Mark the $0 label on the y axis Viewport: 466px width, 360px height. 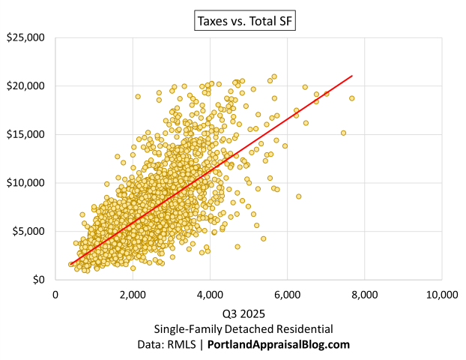(x=38, y=280)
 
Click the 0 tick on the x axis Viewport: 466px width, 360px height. (x=55, y=295)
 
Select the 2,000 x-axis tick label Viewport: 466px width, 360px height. (x=133, y=295)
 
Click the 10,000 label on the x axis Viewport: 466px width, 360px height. (x=441, y=295)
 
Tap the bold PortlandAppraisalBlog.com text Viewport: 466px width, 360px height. (x=279, y=344)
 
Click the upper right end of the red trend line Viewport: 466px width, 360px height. (x=351, y=76)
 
